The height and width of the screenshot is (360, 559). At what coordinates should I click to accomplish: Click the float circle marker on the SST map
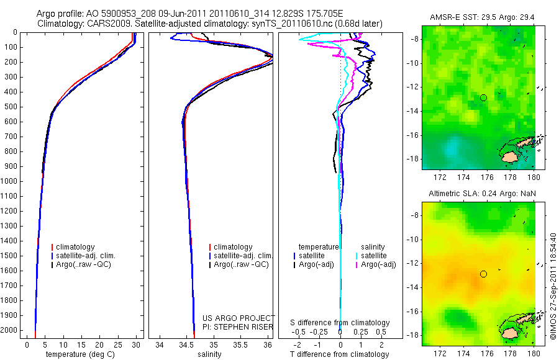click(x=483, y=97)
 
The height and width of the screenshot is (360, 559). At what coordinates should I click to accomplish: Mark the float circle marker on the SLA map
click(x=483, y=274)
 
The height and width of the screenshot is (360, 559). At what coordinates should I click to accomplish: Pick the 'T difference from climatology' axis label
click(x=339, y=354)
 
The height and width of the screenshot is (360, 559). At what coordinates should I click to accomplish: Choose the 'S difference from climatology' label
click(x=340, y=323)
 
